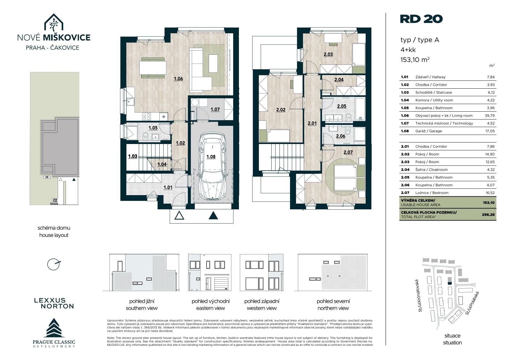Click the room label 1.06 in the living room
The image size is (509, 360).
(178, 79)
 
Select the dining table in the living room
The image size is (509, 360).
(153, 68)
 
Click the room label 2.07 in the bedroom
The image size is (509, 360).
(348, 152)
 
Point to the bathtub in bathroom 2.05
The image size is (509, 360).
(360, 109)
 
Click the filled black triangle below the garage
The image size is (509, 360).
(213, 215)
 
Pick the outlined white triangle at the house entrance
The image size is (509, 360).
(179, 215)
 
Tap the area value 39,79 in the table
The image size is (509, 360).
(489, 116)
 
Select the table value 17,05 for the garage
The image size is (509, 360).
(490, 131)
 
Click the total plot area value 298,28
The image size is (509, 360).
(488, 214)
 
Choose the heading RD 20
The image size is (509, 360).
(421, 19)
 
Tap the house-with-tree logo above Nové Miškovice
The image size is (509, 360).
(54, 22)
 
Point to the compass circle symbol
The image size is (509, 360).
(54, 264)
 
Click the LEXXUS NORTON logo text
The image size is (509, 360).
(54, 303)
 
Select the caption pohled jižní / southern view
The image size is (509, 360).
(142, 305)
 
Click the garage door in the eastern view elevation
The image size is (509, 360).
(221, 283)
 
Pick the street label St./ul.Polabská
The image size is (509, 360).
(472, 303)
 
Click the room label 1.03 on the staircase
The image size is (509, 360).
(132, 156)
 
